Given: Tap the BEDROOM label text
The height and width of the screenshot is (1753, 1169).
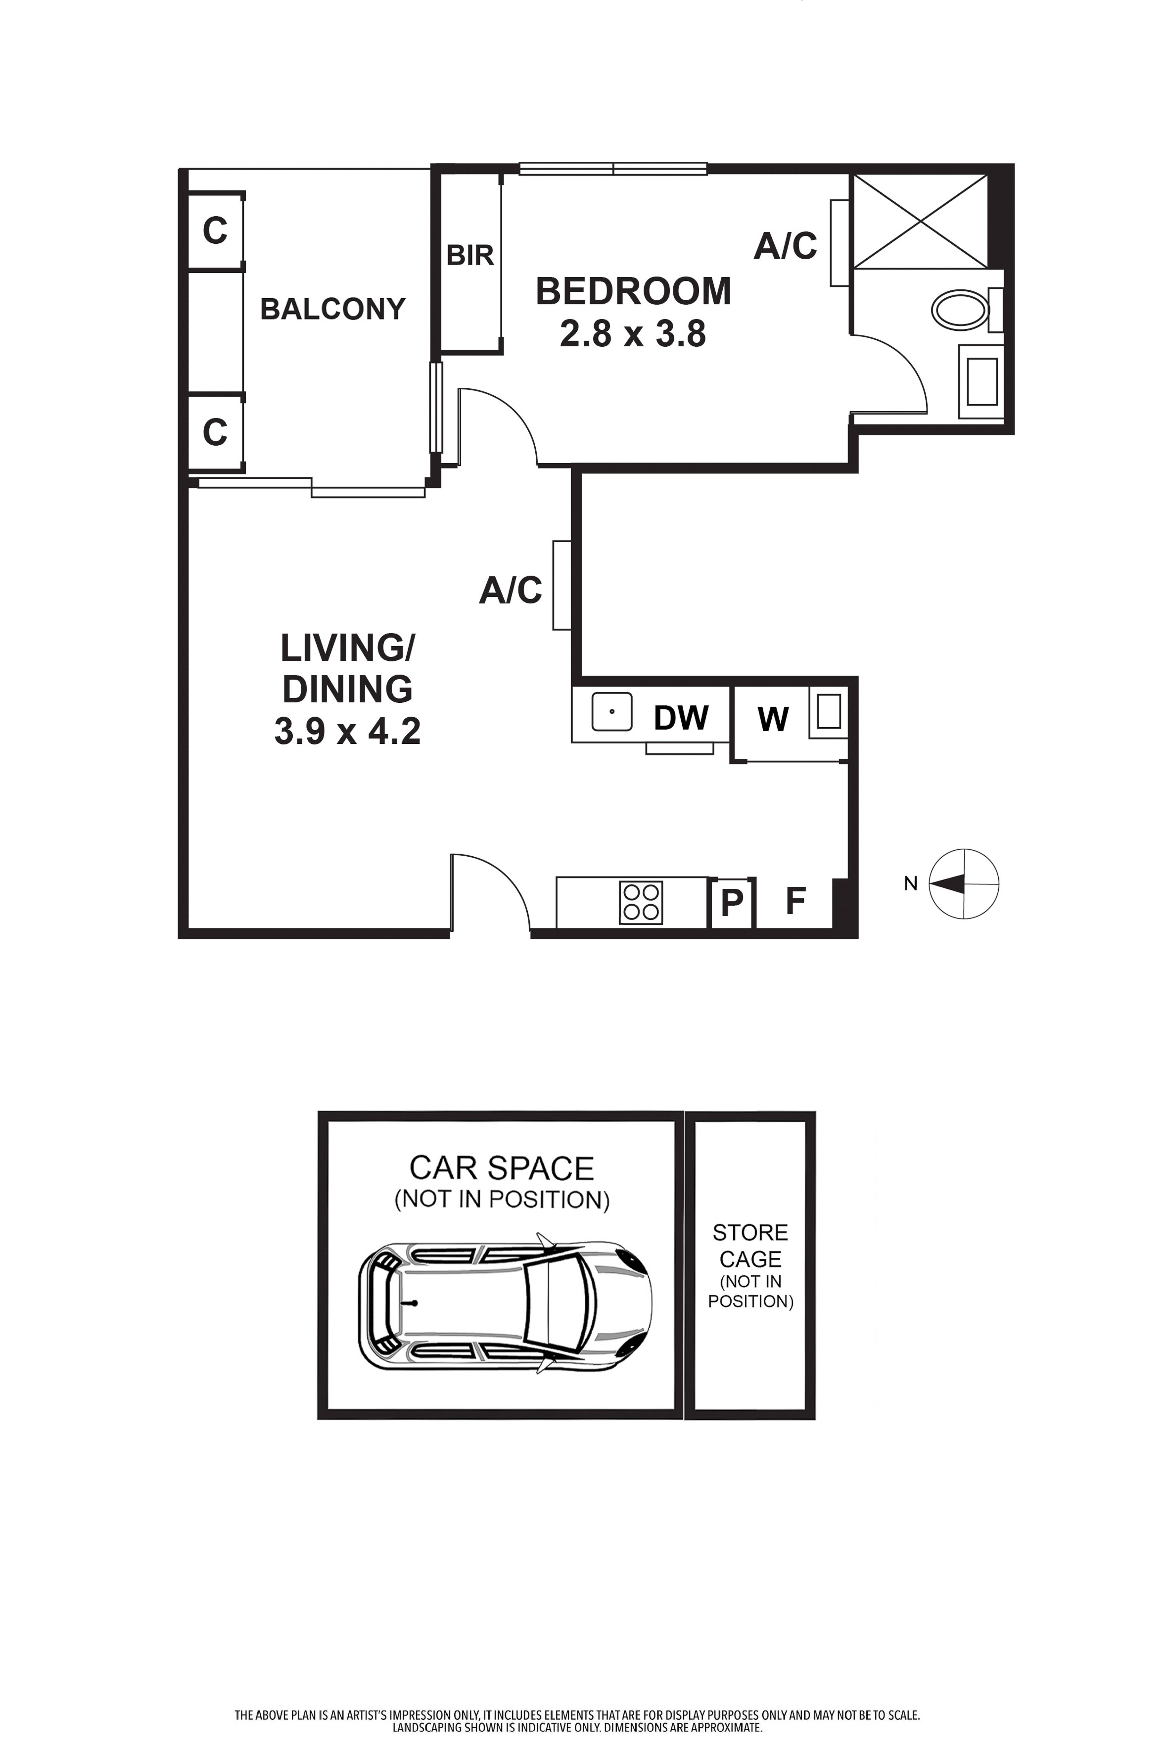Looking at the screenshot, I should [x=633, y=291].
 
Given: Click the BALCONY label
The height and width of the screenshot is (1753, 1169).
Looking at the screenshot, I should [x=332, y=309].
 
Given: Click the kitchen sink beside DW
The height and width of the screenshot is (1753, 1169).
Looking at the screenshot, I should [x=611, y=712].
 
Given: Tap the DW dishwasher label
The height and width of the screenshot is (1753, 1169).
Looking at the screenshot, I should [x=681, y=718].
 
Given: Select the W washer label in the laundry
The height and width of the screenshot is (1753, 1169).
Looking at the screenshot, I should [x=773, y=719].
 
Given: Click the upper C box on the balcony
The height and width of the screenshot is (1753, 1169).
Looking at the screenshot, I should [x=215, y=231].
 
